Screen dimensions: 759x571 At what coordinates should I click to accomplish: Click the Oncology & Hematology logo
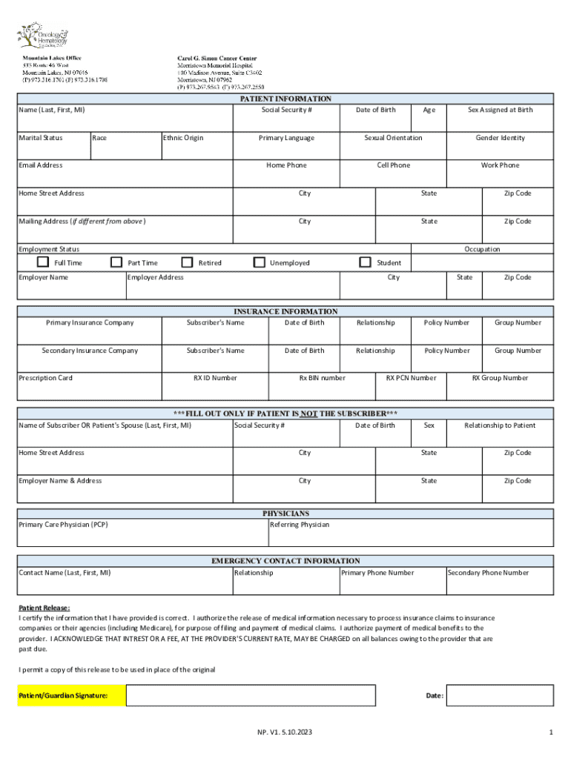42,36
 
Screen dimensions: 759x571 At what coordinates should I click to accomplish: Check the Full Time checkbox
43,262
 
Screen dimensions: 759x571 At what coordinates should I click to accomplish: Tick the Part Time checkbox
116,262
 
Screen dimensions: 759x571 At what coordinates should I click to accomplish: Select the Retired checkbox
187,262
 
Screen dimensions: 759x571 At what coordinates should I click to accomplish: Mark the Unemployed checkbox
259,262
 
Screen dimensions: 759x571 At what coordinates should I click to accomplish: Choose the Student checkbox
365,262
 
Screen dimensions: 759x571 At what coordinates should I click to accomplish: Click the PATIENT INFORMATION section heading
285,99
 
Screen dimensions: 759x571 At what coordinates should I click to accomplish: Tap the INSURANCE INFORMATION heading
285,311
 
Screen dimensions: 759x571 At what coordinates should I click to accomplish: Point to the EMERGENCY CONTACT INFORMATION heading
285,561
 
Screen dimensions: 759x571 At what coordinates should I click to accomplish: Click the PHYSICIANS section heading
285,513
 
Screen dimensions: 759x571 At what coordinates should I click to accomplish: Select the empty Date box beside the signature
501,695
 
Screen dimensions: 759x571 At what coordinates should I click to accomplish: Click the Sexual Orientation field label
393,138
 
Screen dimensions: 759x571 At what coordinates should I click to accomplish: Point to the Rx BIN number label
322,378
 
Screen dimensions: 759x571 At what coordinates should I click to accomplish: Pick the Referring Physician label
300,525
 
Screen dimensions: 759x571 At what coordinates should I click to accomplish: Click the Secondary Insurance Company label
90,351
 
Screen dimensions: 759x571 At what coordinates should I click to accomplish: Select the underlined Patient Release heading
44,607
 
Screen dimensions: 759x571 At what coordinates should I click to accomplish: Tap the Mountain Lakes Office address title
52,58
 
